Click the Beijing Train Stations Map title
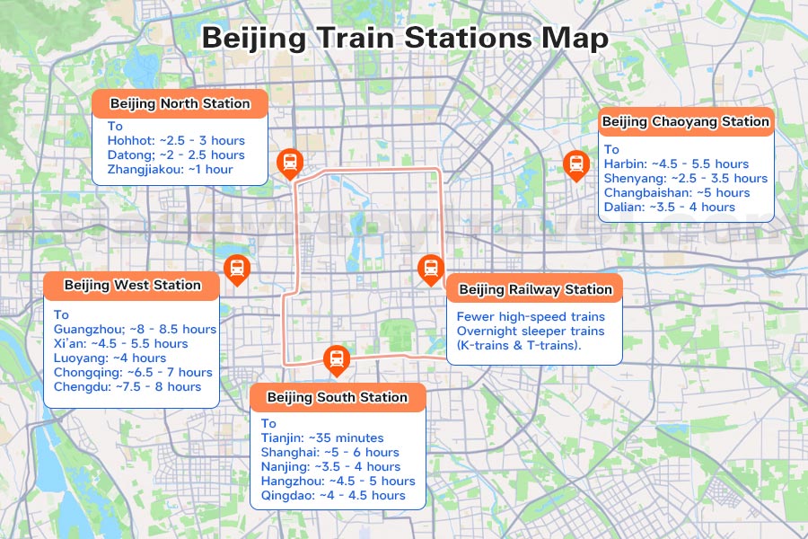(x=404, y=39)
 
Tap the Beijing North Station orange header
(x=180, y=103)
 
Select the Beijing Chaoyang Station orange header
(x=685, y=121)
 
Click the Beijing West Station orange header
(x=132, y=286)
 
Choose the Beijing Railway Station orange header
(x=534, y=289)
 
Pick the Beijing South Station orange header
(x=338, y=397)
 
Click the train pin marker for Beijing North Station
(x=290, y=163)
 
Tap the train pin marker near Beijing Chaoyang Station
(x=575, y=164)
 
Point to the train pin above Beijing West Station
(x=237, y=268)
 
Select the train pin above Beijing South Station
(x=336, y=359)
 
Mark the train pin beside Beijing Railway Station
(x=431, y=268)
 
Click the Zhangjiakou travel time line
(x=170, y=170)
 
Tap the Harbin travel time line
(x=676, y=164)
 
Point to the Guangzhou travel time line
(x=135, y=329)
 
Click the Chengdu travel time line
(x=127, y=386)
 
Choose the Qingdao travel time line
(x=333, y=495)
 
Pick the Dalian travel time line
(x=669, y=208)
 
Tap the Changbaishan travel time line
(x=676, y=193)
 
